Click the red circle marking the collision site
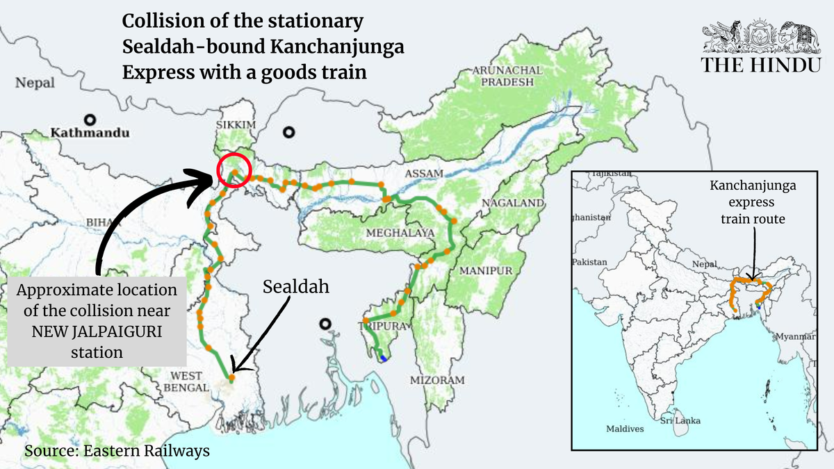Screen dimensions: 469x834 coord(234,170)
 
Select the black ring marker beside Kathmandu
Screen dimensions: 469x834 coord(90,119)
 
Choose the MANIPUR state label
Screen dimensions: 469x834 coord(486,270)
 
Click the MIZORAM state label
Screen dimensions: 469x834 coord(436,380)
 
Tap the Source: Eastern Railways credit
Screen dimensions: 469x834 coord(117,451)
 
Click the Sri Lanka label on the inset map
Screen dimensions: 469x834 coord(680,421)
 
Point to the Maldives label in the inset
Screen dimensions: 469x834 coord(625,429)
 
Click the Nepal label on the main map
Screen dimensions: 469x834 coord(35,83)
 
